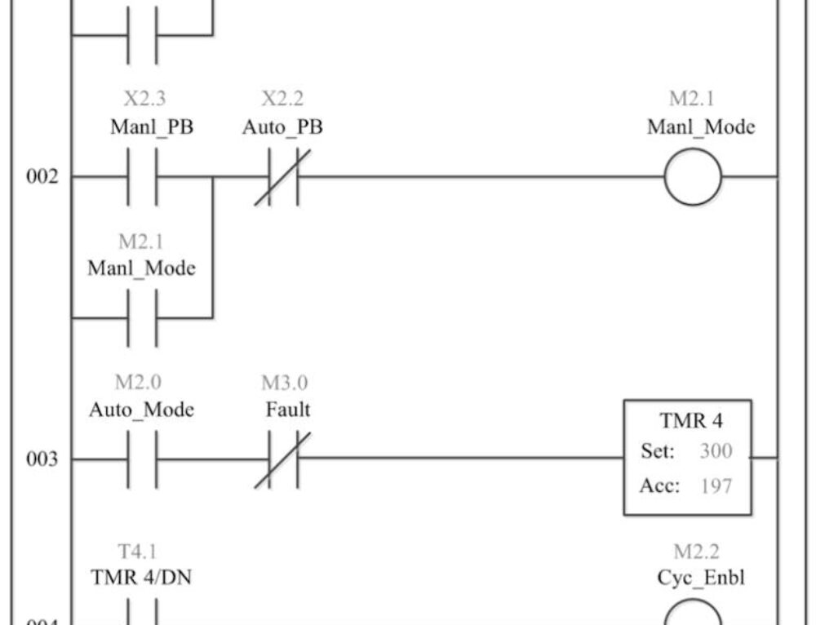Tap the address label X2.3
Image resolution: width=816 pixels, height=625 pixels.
coord(144,100)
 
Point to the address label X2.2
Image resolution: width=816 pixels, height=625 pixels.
coord(282,100)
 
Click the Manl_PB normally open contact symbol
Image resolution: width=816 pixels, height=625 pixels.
coord(142,177)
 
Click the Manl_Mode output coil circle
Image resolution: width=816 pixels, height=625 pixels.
coord(693,177)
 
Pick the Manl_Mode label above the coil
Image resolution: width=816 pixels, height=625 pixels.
coord(701,127)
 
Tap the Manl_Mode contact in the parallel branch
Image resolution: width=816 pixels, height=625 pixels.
coord(142,317)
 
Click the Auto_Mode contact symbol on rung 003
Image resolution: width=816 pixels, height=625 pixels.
coord(142,459)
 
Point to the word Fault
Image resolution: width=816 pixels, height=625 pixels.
coord(287,410)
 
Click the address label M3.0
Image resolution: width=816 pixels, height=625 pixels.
coord(285,383)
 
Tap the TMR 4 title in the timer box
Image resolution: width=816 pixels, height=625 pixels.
coord(691,422)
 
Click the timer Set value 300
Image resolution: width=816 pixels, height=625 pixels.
coord(716,451)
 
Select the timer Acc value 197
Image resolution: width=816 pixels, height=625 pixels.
coord(716,486)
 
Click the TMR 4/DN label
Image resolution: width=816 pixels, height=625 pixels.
coord(142,578)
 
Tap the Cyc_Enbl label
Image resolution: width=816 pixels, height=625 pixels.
coord(700,578)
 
